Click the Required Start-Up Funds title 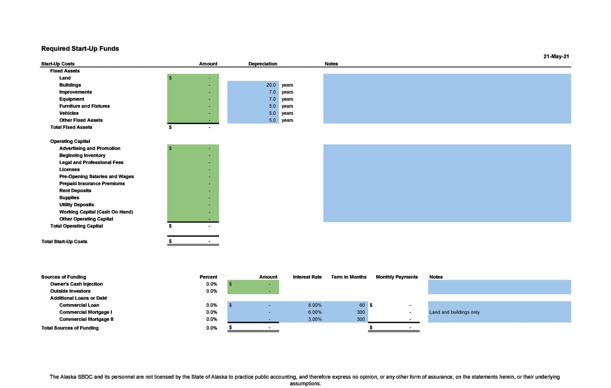tap(80, 48)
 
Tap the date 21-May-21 tap(556, 56)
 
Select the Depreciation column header tap(263, 64)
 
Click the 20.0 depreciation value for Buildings tap(271, 85)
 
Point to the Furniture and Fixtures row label tap(84, 106)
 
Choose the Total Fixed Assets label tap(71, 127)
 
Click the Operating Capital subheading tap(70, 141)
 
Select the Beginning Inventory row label tap(82, 155)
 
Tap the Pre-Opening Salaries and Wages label tap(96, 176)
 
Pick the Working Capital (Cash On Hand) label tap(96, 212)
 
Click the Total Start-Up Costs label tap(64, 241)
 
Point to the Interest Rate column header tap(307, 277)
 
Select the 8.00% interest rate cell tap(315, 305)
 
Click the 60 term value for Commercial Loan tap(362, 305)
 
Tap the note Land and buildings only tap(454, 312)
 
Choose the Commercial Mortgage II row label tap(86, 319)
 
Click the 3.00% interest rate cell tap(315, 319)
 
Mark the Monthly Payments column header tap(397, 277)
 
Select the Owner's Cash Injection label tap(76, 284)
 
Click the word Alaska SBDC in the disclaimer tap(76, 377)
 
